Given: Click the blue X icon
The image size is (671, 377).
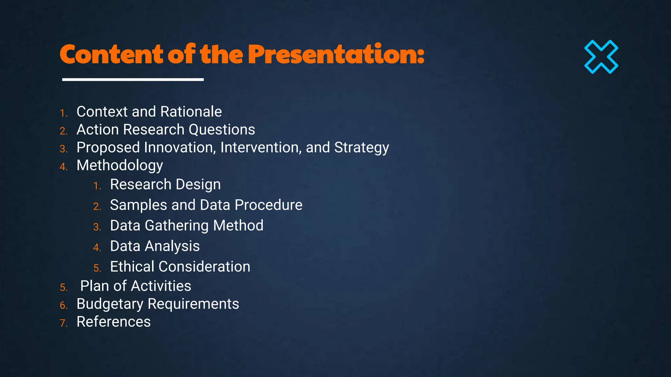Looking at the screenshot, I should (601, 57).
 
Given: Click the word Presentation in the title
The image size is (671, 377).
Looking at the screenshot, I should (336, 54).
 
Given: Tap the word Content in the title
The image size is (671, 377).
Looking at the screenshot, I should (111, 54).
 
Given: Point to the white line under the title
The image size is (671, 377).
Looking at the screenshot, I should (133, 80).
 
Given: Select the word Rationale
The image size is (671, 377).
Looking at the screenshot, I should (191, 112).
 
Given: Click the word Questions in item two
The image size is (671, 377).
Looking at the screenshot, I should (222, 130).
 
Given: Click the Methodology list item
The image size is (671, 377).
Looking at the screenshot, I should (120, 166).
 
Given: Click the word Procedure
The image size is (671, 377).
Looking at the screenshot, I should (268, 205).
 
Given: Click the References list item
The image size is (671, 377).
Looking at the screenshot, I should (113, 322).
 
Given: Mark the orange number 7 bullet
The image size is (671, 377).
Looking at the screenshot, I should (63, 323).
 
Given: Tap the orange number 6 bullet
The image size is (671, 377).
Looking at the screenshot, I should (63, 306).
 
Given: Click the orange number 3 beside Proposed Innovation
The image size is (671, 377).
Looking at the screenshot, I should (63, 149).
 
